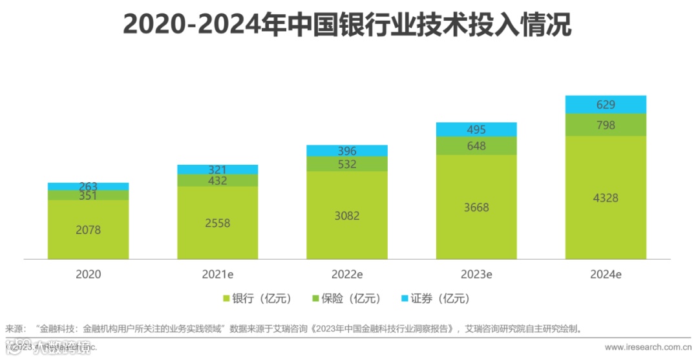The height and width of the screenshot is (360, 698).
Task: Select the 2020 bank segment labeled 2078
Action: pyautogui.click(x=88, y=229)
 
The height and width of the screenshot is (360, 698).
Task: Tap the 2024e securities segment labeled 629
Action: pyautogui.click(x=606, y=105)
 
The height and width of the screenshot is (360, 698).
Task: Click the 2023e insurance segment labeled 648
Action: pyautogui.click(x=476, y=146)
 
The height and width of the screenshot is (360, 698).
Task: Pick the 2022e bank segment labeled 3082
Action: pyautogui.click(x=347, y=215)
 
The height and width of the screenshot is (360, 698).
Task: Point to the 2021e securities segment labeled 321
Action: pyautogui.click(x=218, y=169)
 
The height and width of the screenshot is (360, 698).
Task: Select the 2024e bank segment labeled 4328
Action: pyautogui.click(x=606, y=198)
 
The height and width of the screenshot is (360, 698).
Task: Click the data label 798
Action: pyautogui.click(x=606, y=125)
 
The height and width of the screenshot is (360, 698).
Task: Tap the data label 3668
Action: pyautogui.click(x=476, y=207)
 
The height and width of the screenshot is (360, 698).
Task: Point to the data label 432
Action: pyautogui.click(x=218, y=181)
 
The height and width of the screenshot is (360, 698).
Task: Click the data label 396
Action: pyautogui.click(x=347, y=151)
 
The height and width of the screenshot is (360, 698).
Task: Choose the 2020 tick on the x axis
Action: pyautogui.click(x=88, y=274)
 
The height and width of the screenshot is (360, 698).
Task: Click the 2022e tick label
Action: pyautogui.click(x=347, y=274)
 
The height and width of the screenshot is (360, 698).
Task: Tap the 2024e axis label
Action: pyautogui.click(x=606, y=274)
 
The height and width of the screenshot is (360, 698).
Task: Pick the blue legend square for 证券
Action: pyautogui.click(x=405, y=299)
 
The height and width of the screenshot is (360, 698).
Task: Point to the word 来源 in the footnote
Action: pyautogui.click(x=14, y=329)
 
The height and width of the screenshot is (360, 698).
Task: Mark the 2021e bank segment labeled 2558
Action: pyautogui.click(x=218, y=223)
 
